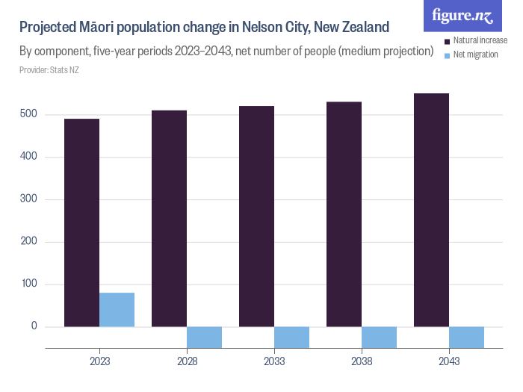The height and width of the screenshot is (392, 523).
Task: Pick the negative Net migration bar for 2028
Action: point(204,337)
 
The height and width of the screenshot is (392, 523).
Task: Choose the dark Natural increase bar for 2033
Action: point(256,217)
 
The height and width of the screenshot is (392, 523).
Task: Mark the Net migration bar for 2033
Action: point(291,337)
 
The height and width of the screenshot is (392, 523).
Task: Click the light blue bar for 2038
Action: point(379,337)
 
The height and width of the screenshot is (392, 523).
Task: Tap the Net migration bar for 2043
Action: point(466,337)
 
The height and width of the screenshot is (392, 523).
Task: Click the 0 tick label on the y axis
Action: point(34,327)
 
